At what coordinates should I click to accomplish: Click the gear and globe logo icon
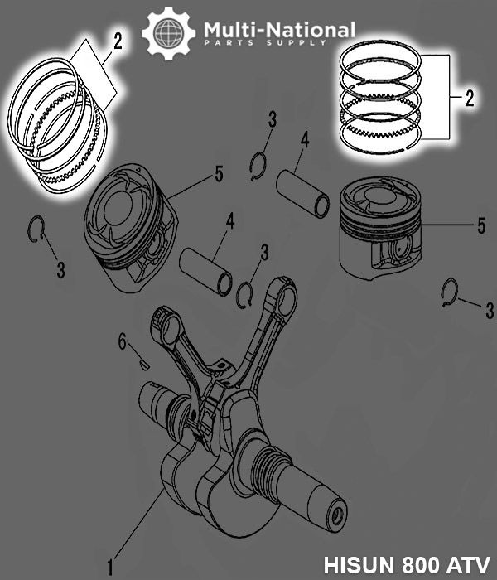168,33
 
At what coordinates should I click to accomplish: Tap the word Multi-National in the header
279,30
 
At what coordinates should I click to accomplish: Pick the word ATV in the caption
465,560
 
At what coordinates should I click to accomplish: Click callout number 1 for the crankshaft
109,568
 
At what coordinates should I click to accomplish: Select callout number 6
122,340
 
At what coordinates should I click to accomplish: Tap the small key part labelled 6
142,360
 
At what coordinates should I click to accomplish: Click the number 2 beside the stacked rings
469,100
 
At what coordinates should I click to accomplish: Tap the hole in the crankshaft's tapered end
337,515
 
